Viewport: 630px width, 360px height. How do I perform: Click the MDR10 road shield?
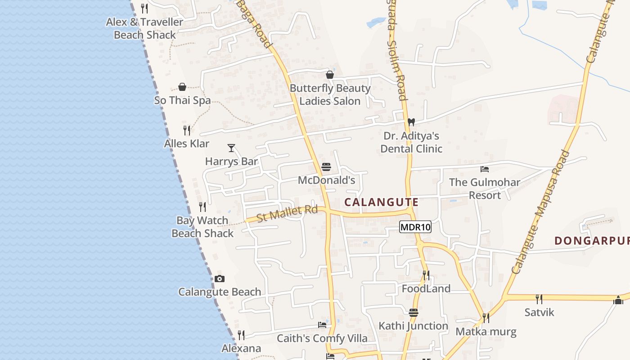tap(415, 227)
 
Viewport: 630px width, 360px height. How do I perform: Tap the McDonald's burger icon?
tap(326, 167)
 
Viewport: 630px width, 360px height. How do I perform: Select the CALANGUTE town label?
tap(381, 202)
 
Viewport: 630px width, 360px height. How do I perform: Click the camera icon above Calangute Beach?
tap(220, 279)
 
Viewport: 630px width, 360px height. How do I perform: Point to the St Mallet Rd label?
tap(287, 213)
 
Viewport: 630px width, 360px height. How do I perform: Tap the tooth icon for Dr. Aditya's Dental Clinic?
tap(411, 122)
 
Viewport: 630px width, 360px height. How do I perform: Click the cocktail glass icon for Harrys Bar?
tap(231, 148)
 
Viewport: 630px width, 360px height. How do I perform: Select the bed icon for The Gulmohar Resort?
tap(485, 169)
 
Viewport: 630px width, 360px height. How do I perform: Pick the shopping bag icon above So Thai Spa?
tap(182, 87)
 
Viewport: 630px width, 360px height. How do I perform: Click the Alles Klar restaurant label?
tap(187, 144)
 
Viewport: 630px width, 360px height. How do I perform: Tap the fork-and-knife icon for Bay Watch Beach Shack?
tap(202, 207)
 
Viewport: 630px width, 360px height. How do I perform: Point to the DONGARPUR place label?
tap(592, 241)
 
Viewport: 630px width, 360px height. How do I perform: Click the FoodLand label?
tap(426, 288)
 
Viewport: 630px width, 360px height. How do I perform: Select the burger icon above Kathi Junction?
tap(414, 312)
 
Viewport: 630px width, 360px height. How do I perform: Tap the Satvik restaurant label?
tap(539, 312)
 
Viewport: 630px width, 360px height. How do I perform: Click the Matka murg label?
tap(486, 332)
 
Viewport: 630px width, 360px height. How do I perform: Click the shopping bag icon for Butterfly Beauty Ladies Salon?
tap(330, 75)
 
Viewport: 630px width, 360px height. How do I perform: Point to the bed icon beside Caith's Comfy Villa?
tap(322, 324)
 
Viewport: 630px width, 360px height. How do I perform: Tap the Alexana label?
tap(241, 348)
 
